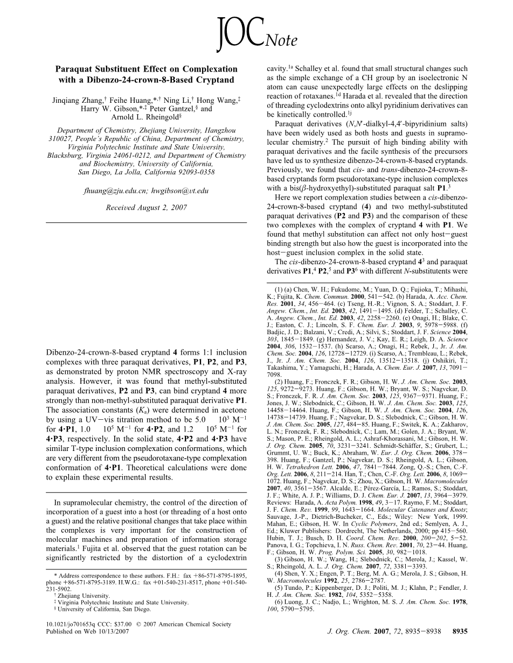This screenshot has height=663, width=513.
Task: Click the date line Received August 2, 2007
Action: (x=147, y=207)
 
